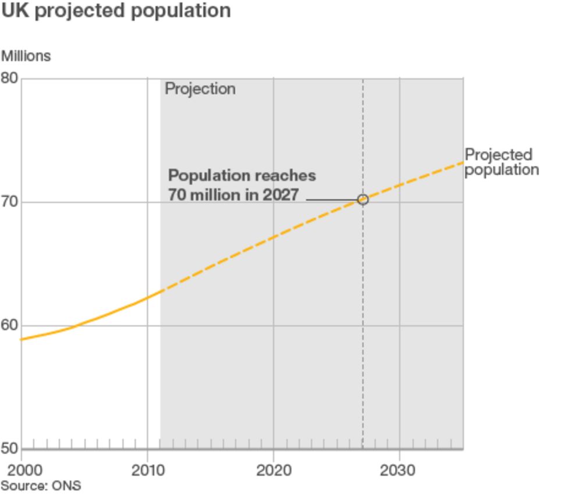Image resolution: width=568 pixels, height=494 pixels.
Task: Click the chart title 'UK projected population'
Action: [x=116, y=11]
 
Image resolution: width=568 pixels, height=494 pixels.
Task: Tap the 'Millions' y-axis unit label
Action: [x=26, y=56]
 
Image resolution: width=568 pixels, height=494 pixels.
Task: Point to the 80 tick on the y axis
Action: [x=10, y=78]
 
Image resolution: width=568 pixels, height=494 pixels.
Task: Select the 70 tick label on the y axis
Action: [x=10, y=202]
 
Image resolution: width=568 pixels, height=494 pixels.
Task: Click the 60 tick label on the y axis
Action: [x=10, y=325]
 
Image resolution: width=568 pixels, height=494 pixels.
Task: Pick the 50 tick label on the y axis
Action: [x=10, y=449]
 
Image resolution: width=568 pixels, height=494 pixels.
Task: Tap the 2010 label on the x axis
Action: [x=147, y=470]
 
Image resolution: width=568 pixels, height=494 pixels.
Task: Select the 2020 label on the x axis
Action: [x=274, y=470]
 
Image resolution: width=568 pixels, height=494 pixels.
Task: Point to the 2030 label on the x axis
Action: [x=399, y=470]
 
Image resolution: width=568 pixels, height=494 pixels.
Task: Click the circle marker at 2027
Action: [x=363, y=200]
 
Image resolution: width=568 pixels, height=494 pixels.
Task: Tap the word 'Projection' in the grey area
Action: [x=200, y=89]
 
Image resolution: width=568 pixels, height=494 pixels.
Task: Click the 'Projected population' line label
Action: [x=501, y=162]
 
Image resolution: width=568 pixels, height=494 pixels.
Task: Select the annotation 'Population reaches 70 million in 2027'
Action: [x=242, y=185]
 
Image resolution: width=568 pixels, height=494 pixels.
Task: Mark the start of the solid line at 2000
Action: [x=22, y=339]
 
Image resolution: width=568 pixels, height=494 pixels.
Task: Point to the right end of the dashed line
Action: [x=462, y=162]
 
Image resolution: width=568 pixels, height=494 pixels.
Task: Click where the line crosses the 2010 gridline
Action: [x=147, y=297]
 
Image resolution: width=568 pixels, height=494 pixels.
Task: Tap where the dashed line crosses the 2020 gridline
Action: [x=274, y=237]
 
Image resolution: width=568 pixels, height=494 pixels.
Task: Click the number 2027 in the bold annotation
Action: [x=280, y=195]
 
